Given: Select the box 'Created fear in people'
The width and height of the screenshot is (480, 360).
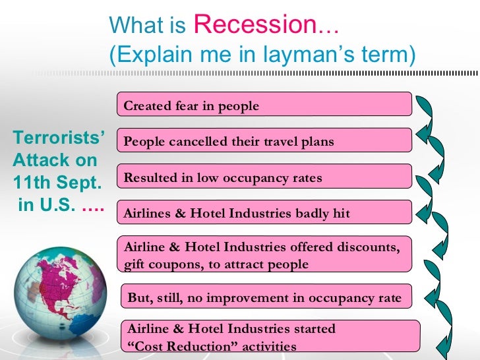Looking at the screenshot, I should pyautogui.click(x=264, y=105).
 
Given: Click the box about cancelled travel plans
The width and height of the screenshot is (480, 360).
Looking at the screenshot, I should pyautogui.click(x=264, y=140).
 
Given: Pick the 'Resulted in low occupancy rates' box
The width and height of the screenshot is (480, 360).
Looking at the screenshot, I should pyautogui.click(x=264, y=177).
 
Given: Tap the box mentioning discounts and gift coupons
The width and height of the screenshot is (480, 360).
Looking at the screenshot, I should pyautogui.click(x=264, y=255).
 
